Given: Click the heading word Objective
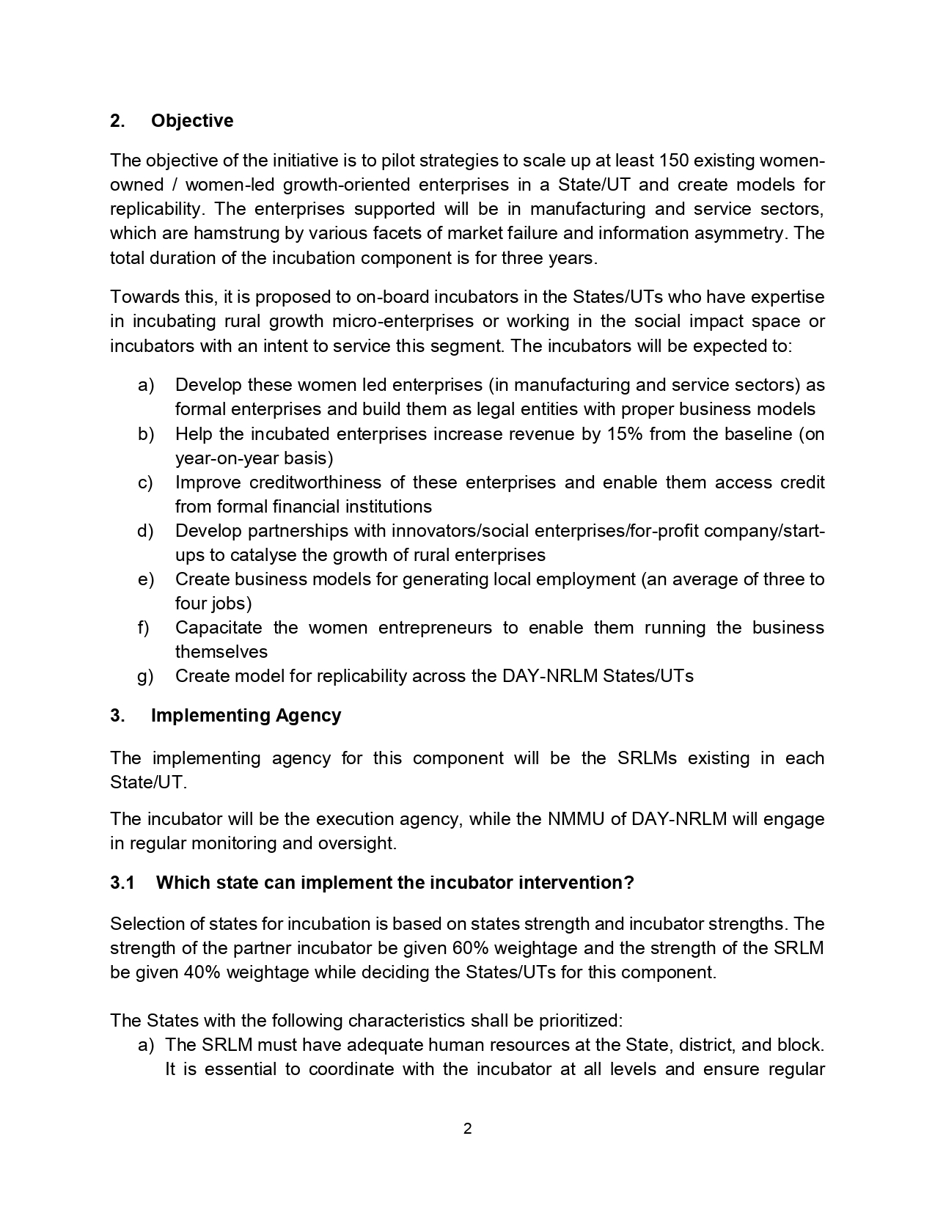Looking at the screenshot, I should (192, 121).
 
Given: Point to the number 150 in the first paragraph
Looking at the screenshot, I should (673, 161).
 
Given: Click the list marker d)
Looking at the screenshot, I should (145, 530).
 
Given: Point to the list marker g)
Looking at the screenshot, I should (145, 676).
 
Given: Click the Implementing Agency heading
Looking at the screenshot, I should (246, 716).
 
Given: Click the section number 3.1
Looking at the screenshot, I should (122, 883).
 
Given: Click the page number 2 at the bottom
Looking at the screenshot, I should (467, 1129).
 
